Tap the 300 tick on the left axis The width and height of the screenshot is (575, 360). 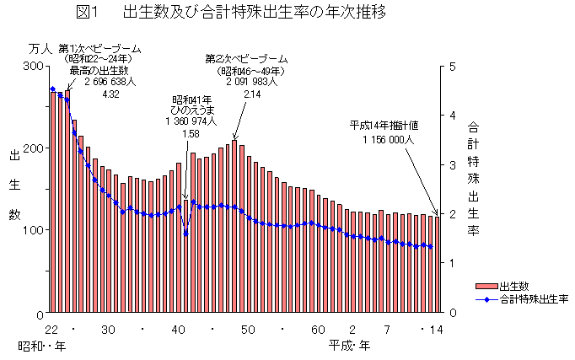(x=35, y=66)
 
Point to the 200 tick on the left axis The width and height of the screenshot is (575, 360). (x=35, y=148)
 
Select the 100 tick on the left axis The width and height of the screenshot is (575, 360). (x=35, y=230)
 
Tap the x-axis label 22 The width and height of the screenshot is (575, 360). (x=51, y=329)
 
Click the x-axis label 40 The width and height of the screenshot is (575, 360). (x=179, y=329)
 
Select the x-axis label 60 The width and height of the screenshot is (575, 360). (x=318, y=329)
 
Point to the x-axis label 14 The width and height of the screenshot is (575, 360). (x=436, y=329)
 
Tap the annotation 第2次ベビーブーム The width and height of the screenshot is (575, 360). (x=243, y=57)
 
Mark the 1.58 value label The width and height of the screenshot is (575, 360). (x=191, y=133)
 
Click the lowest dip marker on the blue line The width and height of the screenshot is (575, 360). (x=185, y=234)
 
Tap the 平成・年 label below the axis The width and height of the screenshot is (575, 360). (x=349, y=346)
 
